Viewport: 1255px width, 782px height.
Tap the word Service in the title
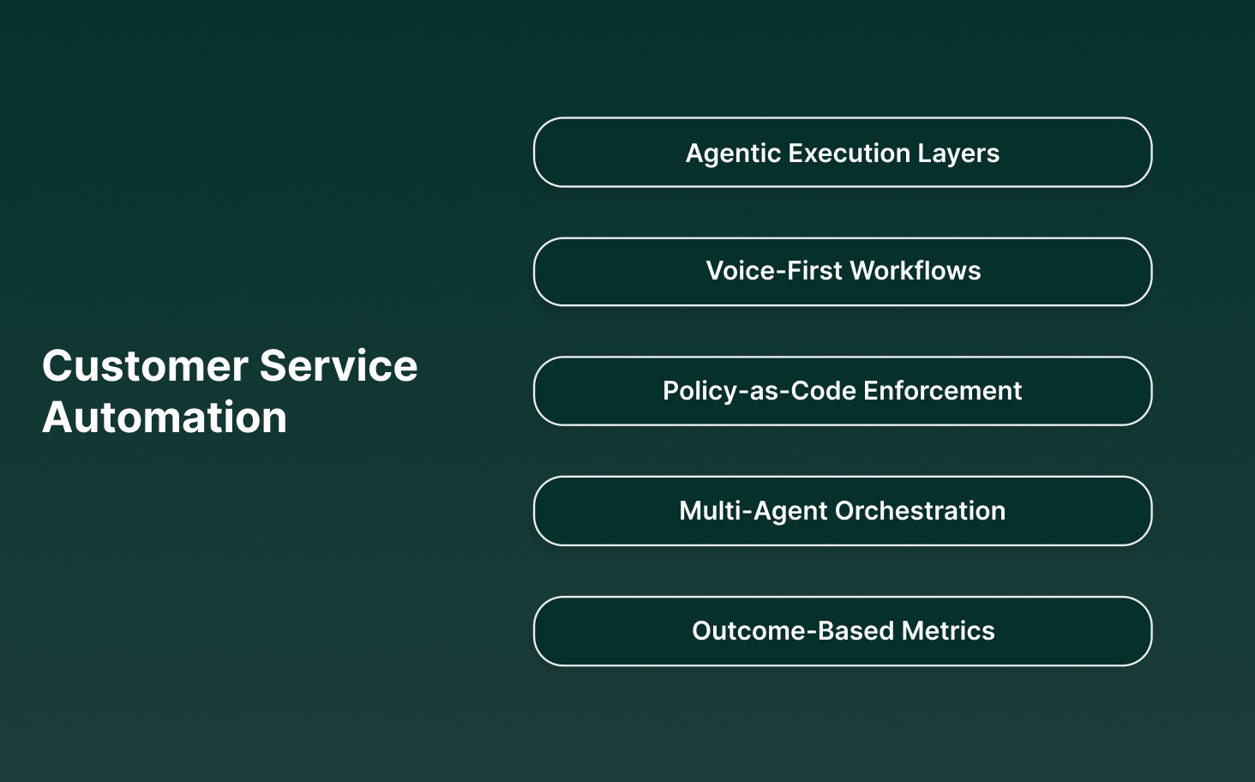pos(339,366)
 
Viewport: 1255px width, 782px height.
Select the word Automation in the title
pos(165,418)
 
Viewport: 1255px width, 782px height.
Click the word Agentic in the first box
pos(733,153)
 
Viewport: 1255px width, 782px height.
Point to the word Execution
pos(849,153)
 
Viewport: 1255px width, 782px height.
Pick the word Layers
pos(958,153)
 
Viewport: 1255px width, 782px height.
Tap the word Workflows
pos(916,271)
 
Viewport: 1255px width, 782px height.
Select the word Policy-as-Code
pos(760,391)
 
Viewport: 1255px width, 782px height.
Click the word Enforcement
pos(942,391)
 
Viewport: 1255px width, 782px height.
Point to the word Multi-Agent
pos(754,511)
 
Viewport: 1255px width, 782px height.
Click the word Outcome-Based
pos(793,631)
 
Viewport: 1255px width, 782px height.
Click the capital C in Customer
pos(58,366)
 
